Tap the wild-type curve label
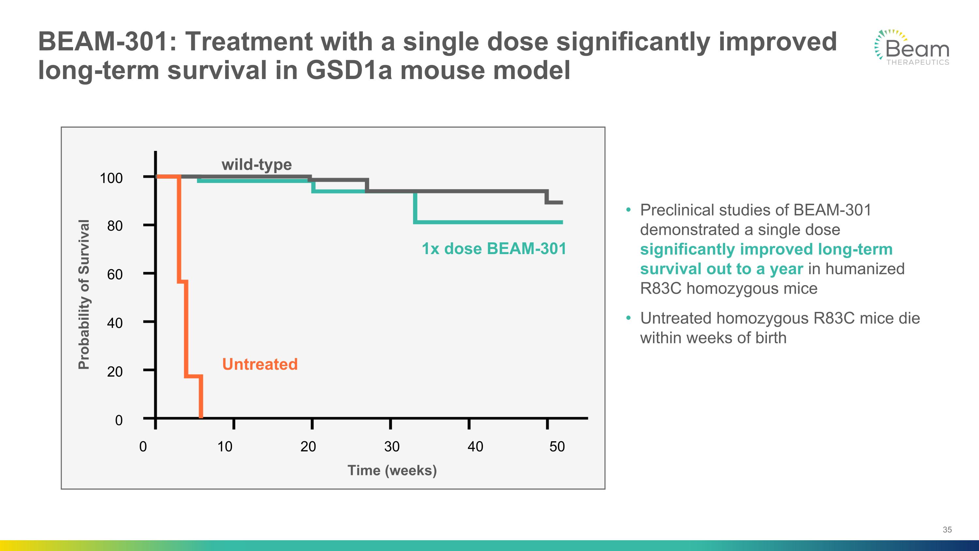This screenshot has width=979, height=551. [x=256, y=165]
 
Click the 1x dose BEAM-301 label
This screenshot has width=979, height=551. [x=494, y=249]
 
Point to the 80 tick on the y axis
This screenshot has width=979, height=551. [x=115, y=226]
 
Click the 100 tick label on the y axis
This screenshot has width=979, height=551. [x=111, y=178]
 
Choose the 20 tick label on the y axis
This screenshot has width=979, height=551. [x=115, y=371]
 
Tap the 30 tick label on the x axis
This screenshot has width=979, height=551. [x=392, y=446]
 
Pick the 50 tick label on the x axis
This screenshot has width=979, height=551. [x=557, y=446]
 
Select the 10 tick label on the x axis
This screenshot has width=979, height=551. [x=225, y=446]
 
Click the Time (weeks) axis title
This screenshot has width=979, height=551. [x=392, y=470]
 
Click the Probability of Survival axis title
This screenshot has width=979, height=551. [x=84, y=294]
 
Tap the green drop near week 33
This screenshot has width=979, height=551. [x=415, y=207]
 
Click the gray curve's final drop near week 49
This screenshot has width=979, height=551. [x=547, y=197]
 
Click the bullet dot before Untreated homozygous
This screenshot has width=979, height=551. [x=628, y=318]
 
